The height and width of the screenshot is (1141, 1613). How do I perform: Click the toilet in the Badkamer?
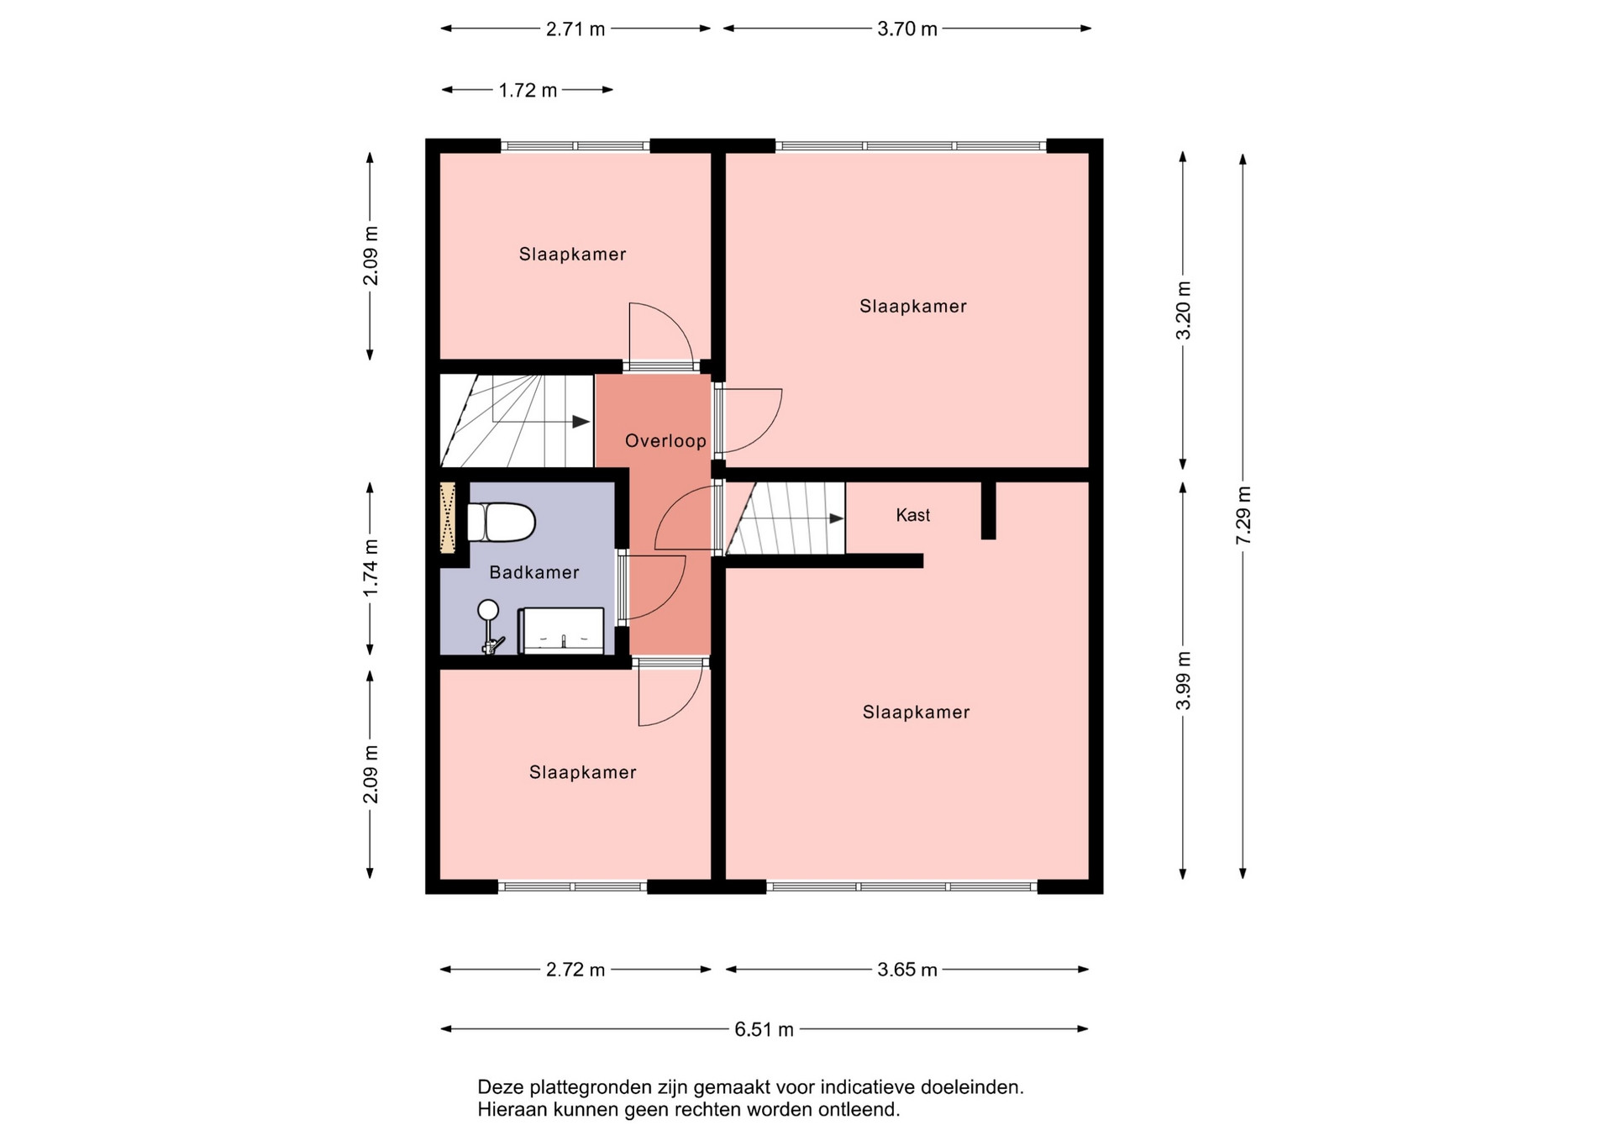coord(501,523)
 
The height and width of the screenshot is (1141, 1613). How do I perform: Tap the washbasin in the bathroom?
coord(560,630)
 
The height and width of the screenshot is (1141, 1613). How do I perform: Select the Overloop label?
coord(665,441)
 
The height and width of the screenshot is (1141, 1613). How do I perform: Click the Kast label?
coord(913,515)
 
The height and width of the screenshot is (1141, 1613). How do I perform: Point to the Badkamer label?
coord(534,573)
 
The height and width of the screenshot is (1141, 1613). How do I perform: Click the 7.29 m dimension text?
coord(1244,515)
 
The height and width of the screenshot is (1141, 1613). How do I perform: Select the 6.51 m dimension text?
coord(764,1030)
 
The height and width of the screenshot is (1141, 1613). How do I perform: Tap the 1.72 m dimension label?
coord(528,91)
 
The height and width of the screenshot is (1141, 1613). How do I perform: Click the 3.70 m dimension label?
coord(907,29)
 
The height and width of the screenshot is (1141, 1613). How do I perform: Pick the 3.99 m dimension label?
coord(1184,681)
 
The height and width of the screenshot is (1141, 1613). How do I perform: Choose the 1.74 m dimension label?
coord(370,568)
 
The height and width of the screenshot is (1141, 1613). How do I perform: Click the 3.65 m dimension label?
coord(907,970)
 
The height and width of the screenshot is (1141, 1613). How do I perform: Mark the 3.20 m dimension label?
coord(1184,310)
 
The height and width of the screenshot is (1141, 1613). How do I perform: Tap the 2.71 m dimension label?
coord(575,29)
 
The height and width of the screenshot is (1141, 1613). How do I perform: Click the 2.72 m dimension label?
coord(575,970)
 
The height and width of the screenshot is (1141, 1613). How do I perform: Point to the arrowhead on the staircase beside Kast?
coord(837,518)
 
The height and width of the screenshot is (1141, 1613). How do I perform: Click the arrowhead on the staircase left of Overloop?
coord(581,422)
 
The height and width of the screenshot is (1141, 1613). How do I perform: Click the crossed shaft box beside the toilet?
coord(448,518)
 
